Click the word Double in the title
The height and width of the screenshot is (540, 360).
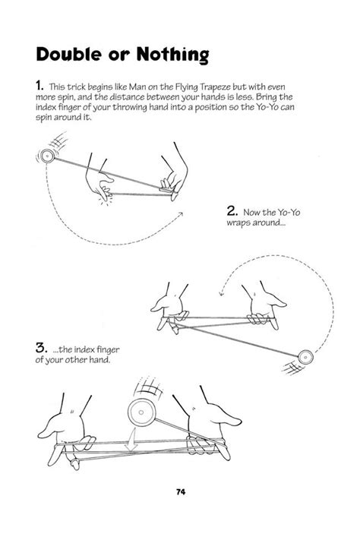[70, 54]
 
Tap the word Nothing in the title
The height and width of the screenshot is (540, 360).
[172, 55]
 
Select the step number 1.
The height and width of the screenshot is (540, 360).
[39, 85]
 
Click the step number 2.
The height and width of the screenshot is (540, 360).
[232, 211]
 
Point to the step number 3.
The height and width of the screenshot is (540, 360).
[41, 348]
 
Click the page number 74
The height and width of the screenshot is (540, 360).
[181, 492]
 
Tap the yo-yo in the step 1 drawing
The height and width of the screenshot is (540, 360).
[46, 156]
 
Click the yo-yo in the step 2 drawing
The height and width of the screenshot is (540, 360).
[305, 357]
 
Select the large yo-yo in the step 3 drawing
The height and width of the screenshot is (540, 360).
[141, 412]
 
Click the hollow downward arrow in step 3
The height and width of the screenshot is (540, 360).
[131, 443]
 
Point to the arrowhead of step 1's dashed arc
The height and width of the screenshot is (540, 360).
[180, 214]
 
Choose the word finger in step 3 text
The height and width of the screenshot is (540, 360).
[108, 350]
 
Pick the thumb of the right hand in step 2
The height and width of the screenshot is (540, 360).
[278, 303]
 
